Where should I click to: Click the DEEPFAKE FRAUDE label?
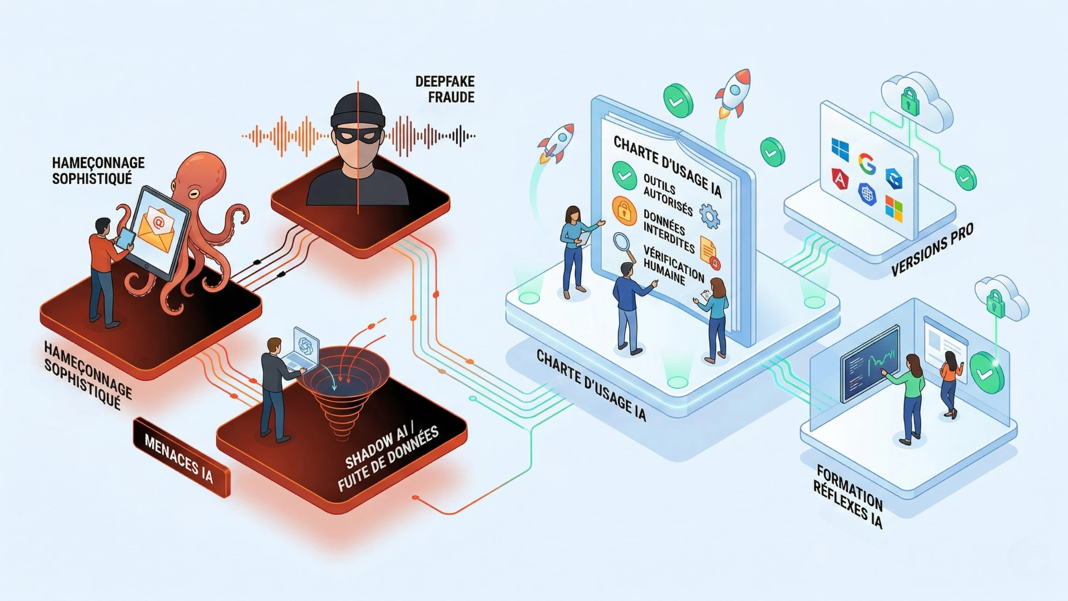point(444,89)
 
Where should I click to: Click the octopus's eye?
point(194,194)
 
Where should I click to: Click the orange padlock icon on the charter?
point(624,210)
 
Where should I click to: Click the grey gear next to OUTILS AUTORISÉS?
point(709,216)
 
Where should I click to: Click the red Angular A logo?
point(840,179)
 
